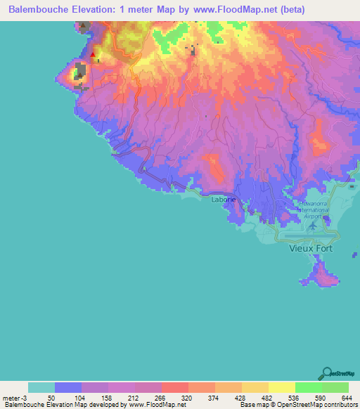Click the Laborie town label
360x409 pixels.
[x=224, y=200]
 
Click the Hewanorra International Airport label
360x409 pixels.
[x=313, y=209]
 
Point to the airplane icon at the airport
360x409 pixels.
[x=312, y=227]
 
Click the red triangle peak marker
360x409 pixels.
[x=92, y=53]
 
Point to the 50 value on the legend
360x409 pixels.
[x=51, y=398]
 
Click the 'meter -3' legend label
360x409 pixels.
[x=15, y=398]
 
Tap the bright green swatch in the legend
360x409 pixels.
[x=308, y=387]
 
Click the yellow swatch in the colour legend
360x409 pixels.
[x=281, y=387]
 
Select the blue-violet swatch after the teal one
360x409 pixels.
[x=68, y=387]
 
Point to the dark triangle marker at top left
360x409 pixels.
[x=84, y=26]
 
